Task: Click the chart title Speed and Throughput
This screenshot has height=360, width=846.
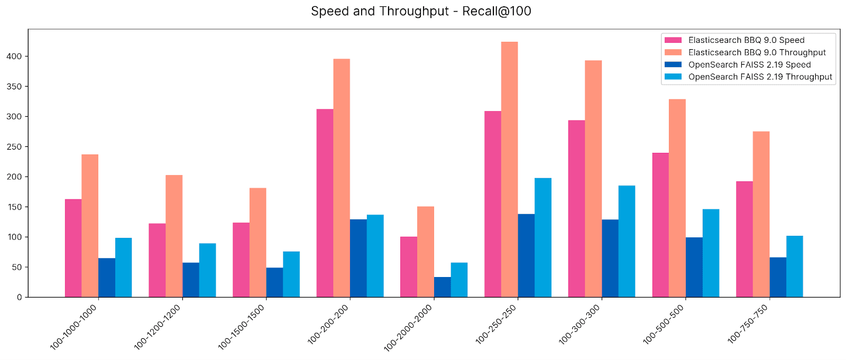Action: coord(421,11)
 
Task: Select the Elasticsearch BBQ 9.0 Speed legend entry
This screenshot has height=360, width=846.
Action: coord(746,40)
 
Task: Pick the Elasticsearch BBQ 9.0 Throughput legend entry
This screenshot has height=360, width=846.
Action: coord(757,52)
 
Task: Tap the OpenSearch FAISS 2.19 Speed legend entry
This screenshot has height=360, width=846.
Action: coord(749,64)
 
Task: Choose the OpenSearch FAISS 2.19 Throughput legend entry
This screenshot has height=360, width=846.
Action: coord(760,77)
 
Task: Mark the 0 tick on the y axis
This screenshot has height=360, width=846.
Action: coord(19,297)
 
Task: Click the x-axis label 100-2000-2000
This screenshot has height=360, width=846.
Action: coord(408,328)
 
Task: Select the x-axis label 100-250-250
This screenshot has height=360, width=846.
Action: coord(496,324)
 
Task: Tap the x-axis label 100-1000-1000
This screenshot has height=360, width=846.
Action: coord(73,327)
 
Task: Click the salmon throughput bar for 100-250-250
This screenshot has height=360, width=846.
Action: coord(509,169)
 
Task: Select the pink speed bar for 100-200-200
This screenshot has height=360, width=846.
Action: coord(325,203)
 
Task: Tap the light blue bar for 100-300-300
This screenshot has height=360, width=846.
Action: coord(627,241)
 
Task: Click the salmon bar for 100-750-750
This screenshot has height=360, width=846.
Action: coord(761,214)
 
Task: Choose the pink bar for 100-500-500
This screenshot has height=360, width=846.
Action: coord(660,225)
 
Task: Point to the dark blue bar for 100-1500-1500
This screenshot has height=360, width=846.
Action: coord(274,282)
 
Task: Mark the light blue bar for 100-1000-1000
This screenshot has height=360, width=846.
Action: coord(123,267)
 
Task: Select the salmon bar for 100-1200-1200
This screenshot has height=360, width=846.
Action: coord(174,236)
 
